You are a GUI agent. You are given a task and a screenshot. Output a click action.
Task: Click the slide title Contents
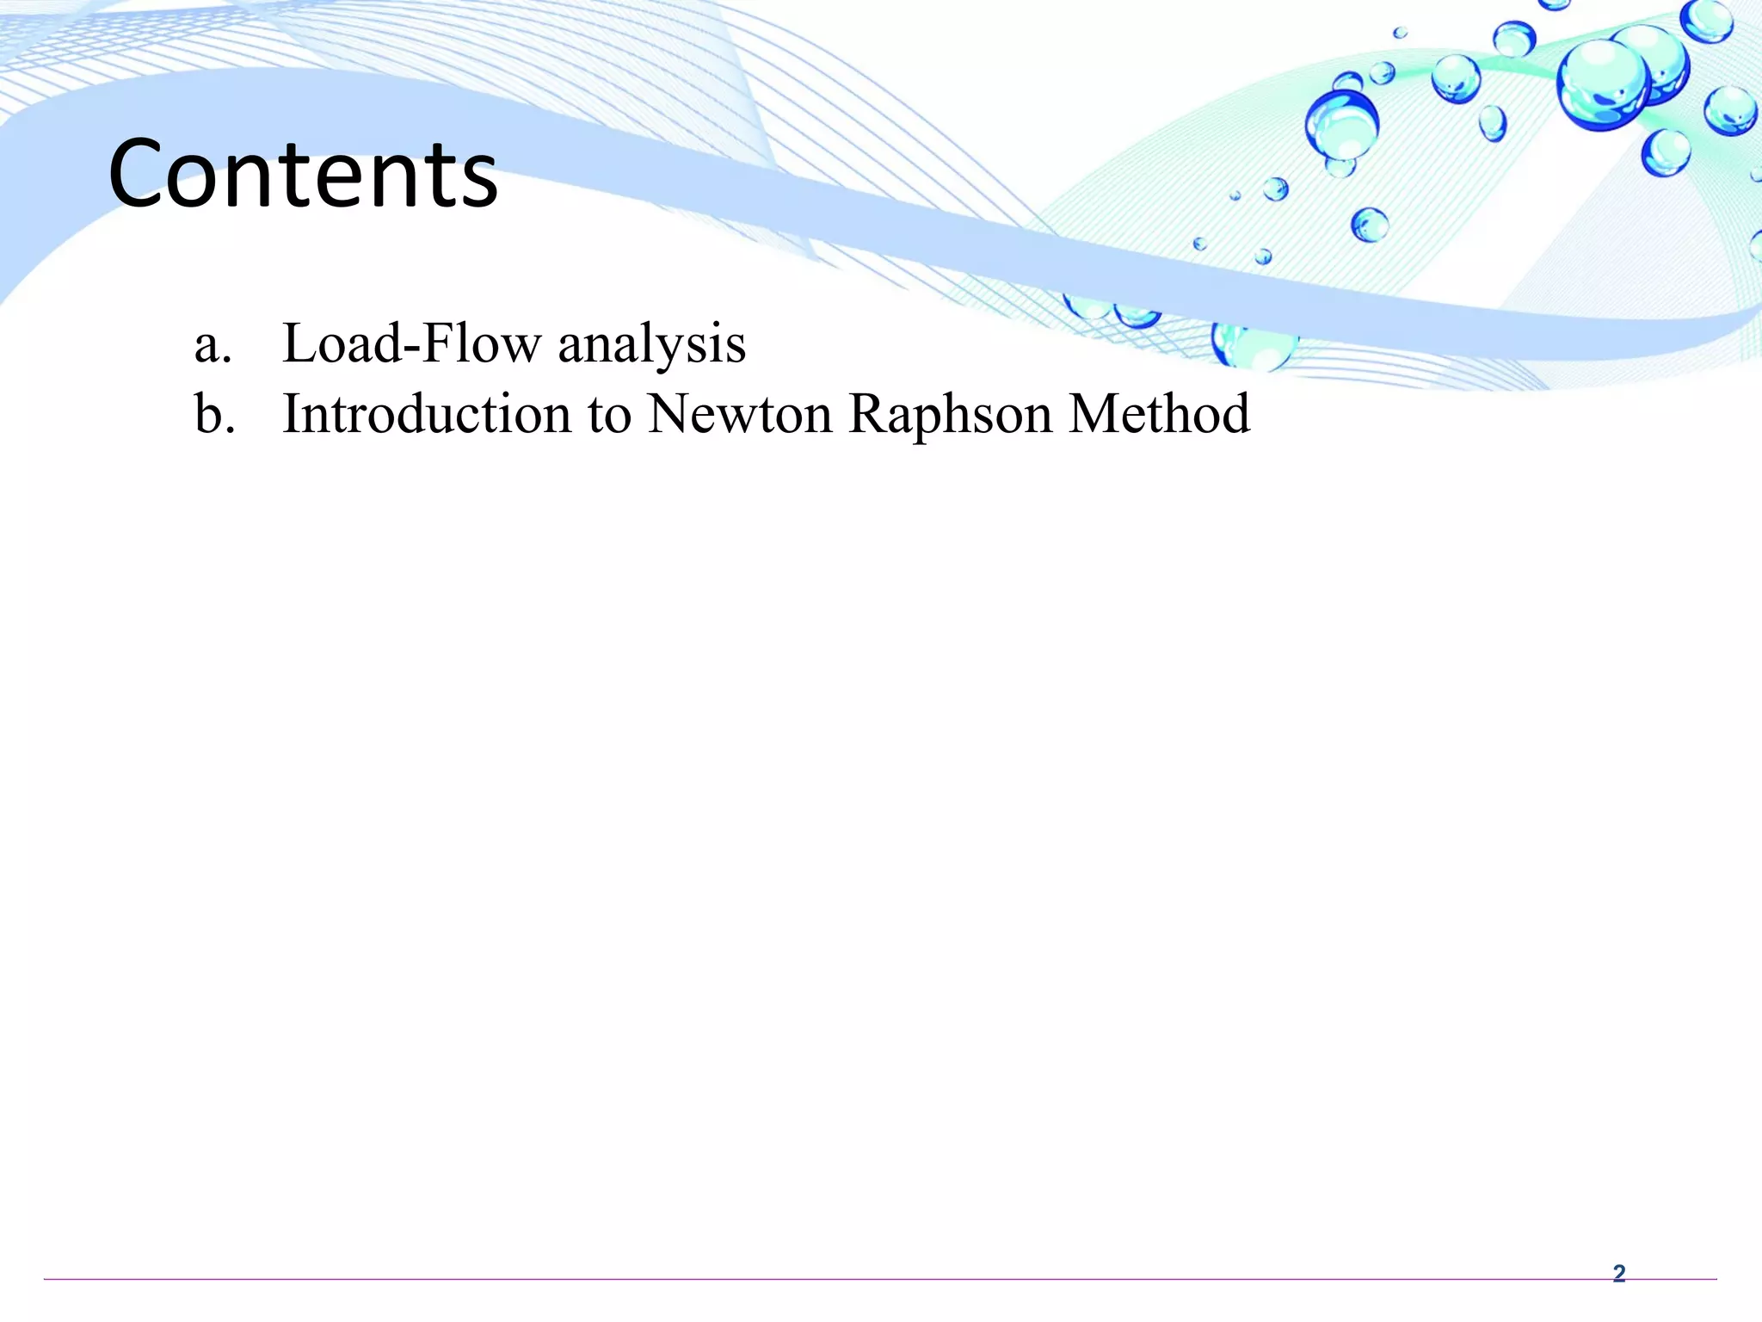pyautogui.click(x=303, y=174)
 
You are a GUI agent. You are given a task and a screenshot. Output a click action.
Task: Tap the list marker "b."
pyautogui.click(x=214, y=414)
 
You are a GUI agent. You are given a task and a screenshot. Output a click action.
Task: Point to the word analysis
pyautogui.click(x=651, y=344)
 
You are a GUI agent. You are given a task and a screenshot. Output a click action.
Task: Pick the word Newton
pyautogui.click(x=740, y=414)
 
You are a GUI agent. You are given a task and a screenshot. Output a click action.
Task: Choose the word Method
pyautogui.click(x=1159, y=414)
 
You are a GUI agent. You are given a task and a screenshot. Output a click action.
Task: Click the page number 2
pyautogui.click(x=1618, y=1273)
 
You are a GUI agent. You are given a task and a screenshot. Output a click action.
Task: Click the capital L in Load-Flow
pyautogui.click(x=300, y=343)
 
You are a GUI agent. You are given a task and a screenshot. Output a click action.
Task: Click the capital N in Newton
pyautogui.click(x=672, y=414)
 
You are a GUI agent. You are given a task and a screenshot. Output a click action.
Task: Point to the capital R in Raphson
pyautogui.click(x=870, y=414)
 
